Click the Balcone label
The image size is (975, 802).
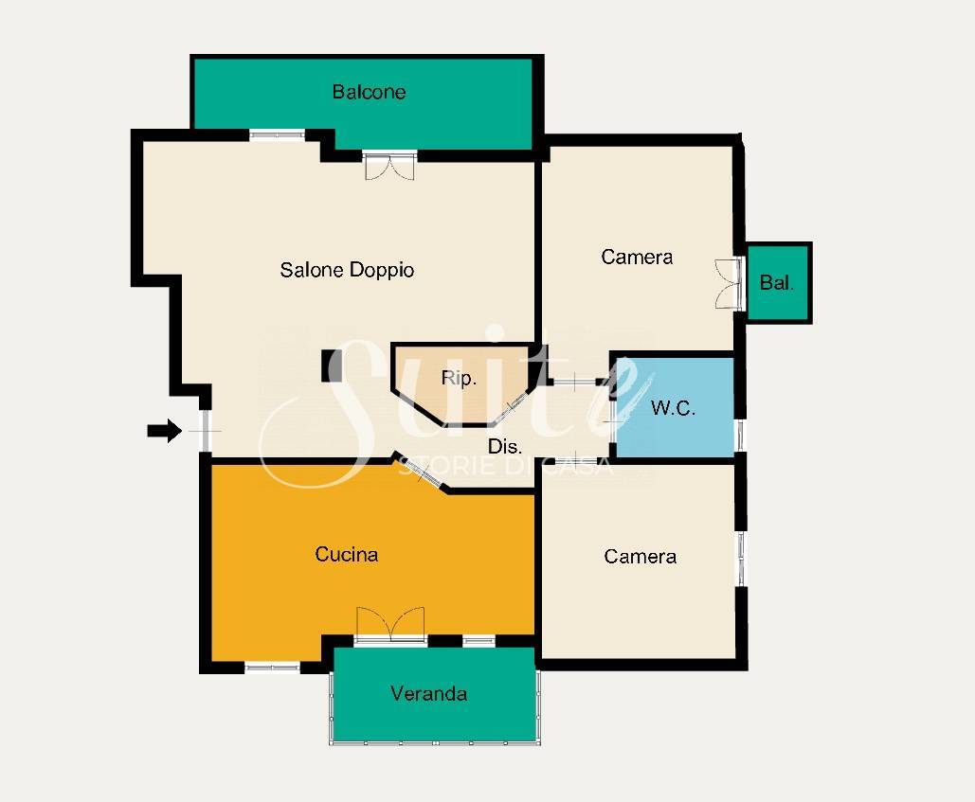point(369,92)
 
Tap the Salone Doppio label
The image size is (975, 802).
point(347,270)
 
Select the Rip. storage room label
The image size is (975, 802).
point(459,378)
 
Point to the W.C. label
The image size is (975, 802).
point(673,407)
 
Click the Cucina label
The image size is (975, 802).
point(347,554)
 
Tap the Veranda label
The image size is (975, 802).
point(428,693)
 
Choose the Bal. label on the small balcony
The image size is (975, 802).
point(777,283)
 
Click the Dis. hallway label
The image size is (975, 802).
point(504,446)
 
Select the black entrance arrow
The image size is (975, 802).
point(165,431)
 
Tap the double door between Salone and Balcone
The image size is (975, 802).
point(389,166)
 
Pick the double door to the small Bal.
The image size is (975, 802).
point(729,283)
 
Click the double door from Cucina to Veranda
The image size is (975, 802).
point(390,625)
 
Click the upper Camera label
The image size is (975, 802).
point(637,257)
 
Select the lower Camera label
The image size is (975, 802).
point(640,556)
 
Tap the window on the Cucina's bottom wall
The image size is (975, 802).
point(272,668)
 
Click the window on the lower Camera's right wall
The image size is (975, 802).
point(741,558)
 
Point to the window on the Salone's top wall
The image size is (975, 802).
point(278,134)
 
